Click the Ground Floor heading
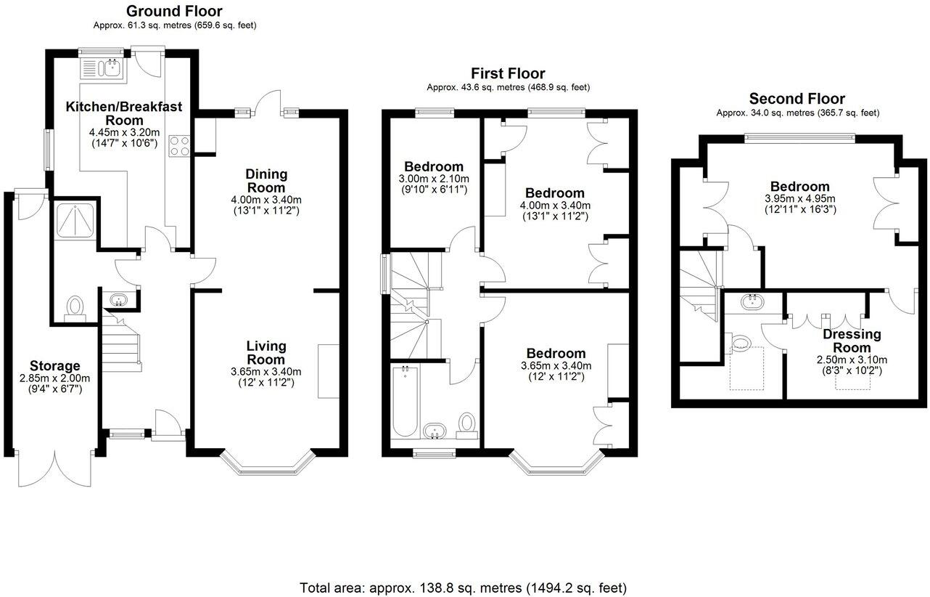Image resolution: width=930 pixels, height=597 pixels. pyautogui.click(x=174, y=11)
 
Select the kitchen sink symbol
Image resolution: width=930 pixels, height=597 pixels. pyautogui.click(x=112, y=69)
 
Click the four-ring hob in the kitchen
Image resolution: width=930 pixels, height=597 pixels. pyautogui.click(x=178, y=145)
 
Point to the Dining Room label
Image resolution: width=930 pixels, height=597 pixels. pyautogui.click(x=266, y=181)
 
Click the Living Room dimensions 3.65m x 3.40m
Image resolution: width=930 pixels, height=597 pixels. pyautogui.click(x=266, y=372)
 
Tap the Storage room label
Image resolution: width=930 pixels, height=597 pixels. pyautogui.click(x=55, y=365)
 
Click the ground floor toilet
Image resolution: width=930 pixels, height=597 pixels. pyautogui.click(x=74, y=309)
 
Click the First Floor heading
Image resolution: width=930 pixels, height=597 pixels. pyautogui.click(x=508, y=73)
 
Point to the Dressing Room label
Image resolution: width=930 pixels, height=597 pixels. pyautogui.click(x=852, y=341)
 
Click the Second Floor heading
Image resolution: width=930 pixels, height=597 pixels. pyautogui.click(x=797, y=99)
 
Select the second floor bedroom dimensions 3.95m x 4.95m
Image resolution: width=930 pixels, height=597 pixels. pyautogui.click(x=799, y=198)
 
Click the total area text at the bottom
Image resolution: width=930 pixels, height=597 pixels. pyautogui.click(x=463, y=587)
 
